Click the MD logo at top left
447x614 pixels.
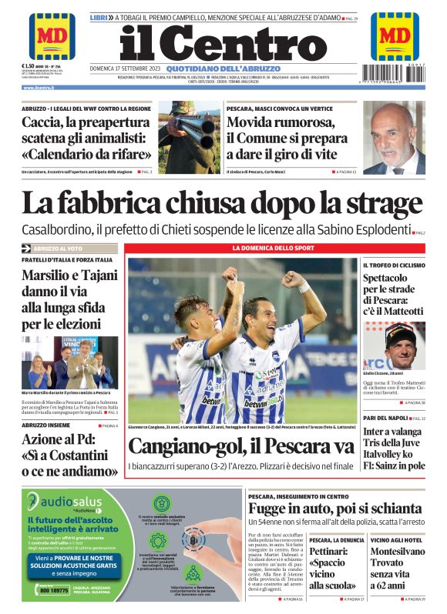click(x=52, y=35)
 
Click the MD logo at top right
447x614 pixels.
click(x=395, y=35)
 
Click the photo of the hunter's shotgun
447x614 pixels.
click(x=189, y=137)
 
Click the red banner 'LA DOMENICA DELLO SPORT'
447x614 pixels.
click(x=274, y=249)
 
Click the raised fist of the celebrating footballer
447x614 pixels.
click(x=293, y=279)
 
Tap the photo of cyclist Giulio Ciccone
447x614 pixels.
click(x=394, y=345)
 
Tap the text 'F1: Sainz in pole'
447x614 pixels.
click(x=394, y=466)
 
